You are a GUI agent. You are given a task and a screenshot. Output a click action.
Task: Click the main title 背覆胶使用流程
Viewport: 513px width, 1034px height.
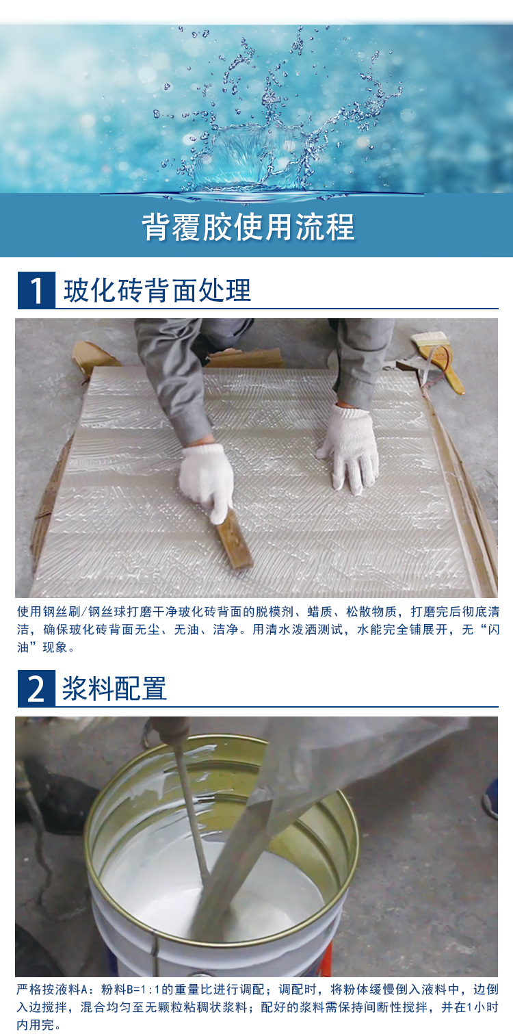pyautogui.click(x=248, y=227)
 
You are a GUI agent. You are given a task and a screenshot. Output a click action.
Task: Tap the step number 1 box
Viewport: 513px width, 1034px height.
pyautogui.click(x=36, y=290)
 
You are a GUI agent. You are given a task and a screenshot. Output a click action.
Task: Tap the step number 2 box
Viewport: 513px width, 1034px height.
pyautogui.click(x=36, y=688)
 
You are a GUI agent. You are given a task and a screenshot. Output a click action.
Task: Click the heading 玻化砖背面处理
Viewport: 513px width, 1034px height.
pyautogui.click(x=157, y=291)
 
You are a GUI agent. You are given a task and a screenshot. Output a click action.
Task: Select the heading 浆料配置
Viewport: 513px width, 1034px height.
pyautogui.click(x=114, y=688)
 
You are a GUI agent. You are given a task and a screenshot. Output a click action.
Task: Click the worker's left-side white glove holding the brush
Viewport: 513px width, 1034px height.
pyautogui.click(x=207, y=479)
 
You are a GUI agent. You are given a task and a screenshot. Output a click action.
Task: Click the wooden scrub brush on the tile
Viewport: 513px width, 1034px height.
pyautogui.click(x=235, y=540)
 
